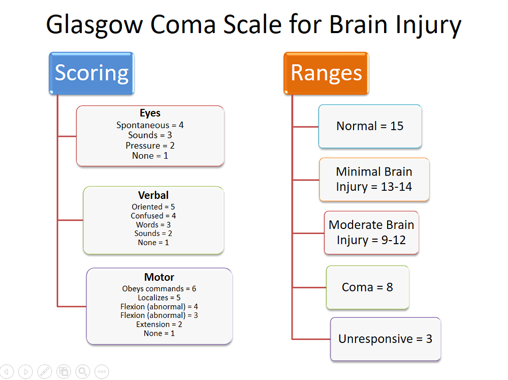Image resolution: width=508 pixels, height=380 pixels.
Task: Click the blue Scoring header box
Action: click(91, 73)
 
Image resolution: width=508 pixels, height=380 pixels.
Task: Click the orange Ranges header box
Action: click(326, 73)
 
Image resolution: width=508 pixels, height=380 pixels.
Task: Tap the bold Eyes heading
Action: click(150, 113)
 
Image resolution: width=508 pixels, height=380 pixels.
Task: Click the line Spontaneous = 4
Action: click(150, 125)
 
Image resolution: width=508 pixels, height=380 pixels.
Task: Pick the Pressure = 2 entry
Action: click(150, 145)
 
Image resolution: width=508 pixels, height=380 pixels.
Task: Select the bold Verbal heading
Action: click(153, 195)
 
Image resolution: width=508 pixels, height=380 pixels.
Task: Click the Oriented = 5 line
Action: click(153, 207)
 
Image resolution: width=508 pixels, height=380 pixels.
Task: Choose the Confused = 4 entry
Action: click(153, 216)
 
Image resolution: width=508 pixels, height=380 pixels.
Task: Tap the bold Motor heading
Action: click(159, 277)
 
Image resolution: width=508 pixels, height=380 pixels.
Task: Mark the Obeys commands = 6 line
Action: click(159, 288)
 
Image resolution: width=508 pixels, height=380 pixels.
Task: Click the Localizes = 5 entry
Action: click(159, 298)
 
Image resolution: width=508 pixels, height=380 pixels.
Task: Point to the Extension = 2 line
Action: click(159, 325)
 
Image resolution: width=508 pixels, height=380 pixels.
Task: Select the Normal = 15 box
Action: click(370, 126)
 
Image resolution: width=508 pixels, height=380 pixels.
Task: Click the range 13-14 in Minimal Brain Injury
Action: click(396, 187)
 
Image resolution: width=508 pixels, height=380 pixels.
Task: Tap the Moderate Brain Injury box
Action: click(371, 232)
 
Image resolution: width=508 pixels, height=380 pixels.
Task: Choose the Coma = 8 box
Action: click(367, 287)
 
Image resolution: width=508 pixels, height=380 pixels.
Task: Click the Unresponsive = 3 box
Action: click(385, 339)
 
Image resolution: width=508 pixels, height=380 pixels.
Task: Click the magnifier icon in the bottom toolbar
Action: click(83, 371)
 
